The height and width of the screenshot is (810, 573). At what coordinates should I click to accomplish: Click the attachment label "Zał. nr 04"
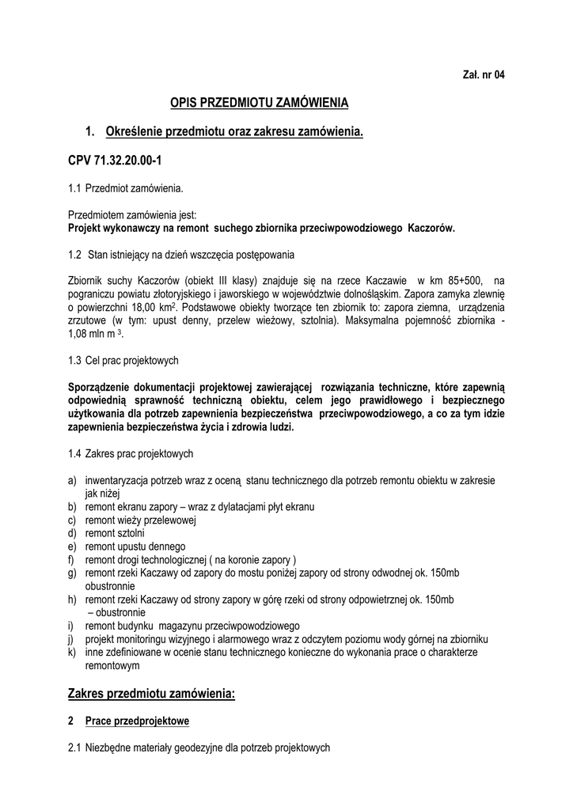(483, 74)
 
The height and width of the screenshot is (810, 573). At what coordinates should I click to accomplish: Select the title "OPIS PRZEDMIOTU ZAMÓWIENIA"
(260, 103)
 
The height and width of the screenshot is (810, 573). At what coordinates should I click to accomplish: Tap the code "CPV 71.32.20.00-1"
(115, 161)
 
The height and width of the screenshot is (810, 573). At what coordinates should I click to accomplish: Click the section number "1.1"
(74, 188)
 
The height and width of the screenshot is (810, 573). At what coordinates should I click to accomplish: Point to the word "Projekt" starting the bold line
(87, 228)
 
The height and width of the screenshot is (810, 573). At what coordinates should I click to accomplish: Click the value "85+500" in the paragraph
(461, 280)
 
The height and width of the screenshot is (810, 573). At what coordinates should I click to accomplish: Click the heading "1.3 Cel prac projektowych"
(123, 361)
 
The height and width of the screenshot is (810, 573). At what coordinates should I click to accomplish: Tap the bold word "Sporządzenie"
(104, 387)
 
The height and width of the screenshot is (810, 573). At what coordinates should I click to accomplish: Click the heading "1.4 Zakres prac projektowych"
(131, 454)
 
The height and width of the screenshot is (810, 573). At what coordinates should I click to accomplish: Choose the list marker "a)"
(73, 480)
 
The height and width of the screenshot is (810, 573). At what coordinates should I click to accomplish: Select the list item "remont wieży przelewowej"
(140, 520)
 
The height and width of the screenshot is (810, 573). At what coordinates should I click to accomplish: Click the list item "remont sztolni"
(115, 533)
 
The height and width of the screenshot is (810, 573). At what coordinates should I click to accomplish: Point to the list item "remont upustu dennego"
(135, 546)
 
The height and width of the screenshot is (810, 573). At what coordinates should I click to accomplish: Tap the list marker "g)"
(73, 573)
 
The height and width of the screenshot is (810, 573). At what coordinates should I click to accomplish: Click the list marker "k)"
(73, 652)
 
